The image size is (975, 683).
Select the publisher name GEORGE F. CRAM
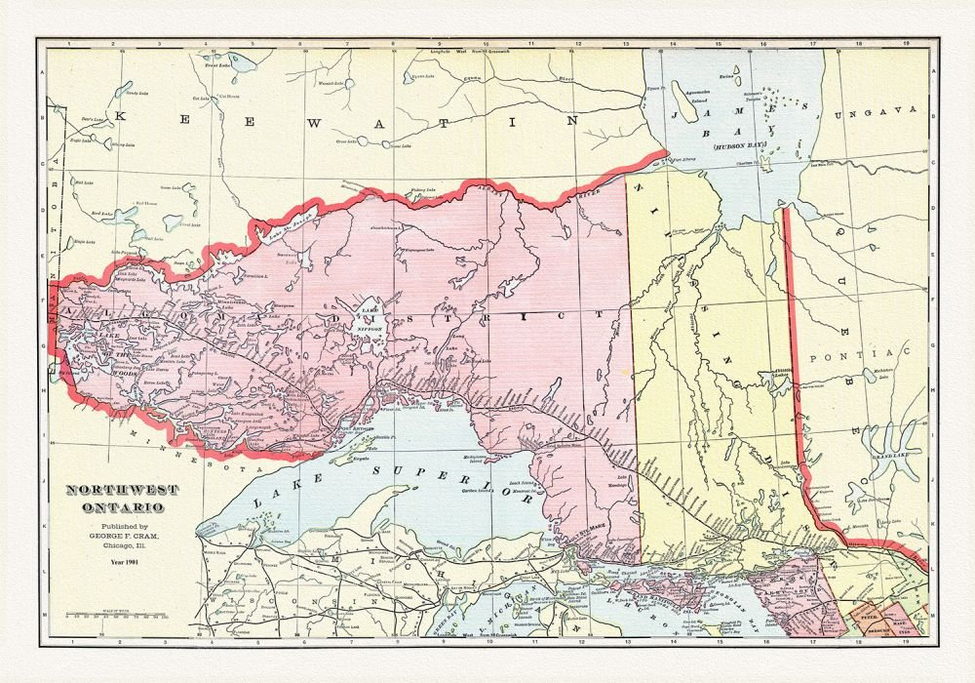click(115, 536)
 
